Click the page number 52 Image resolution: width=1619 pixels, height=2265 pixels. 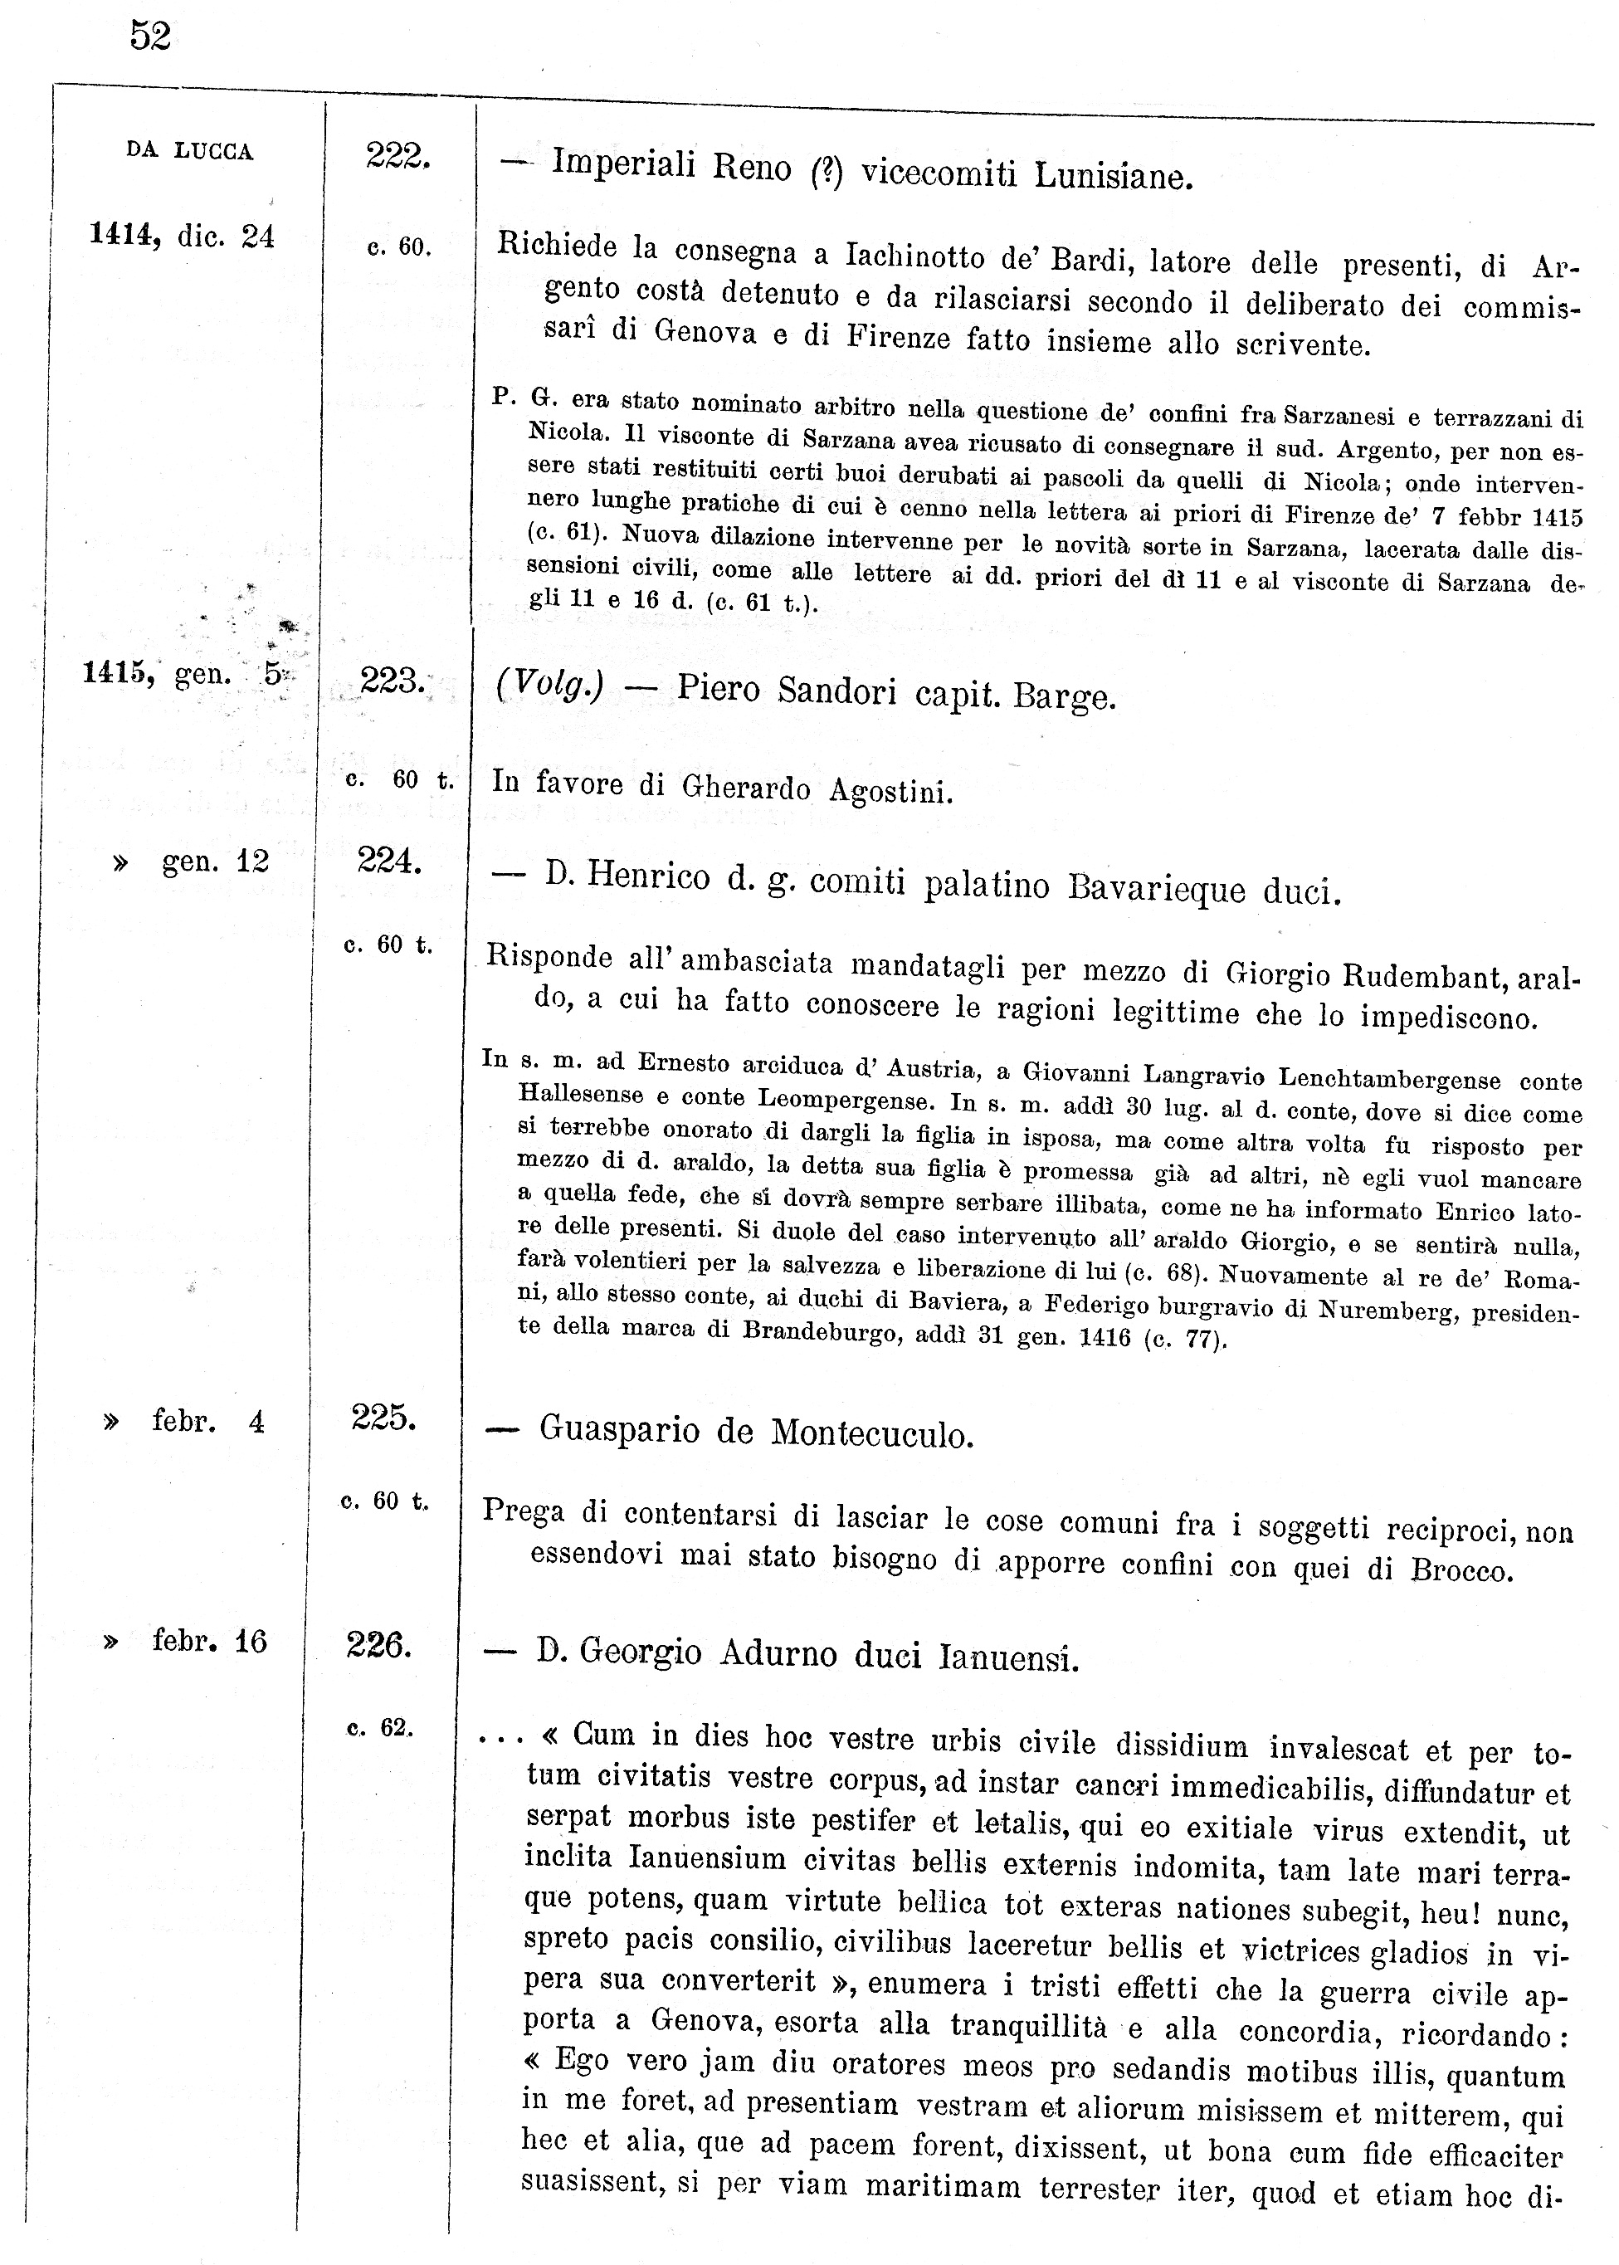150,36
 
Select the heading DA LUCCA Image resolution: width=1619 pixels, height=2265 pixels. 189,152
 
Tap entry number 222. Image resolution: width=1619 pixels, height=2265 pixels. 397,155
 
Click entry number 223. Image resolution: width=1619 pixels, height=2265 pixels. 392,681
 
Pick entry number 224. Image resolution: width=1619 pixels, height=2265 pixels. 389,859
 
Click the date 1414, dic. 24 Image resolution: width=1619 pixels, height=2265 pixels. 182,237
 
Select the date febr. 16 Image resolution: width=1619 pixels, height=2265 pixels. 209,1641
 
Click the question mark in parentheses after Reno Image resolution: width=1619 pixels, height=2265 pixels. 827,173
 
